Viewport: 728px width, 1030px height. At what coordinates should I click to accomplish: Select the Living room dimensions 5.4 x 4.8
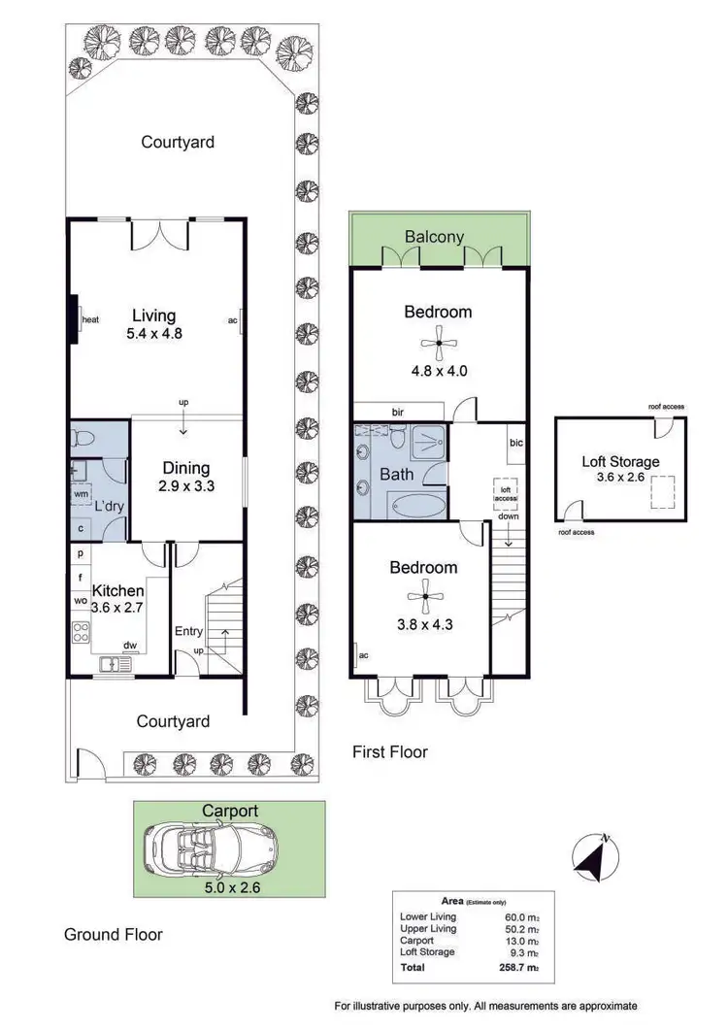point(154,333)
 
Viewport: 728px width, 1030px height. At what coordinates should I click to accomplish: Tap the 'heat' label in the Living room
point(91,319)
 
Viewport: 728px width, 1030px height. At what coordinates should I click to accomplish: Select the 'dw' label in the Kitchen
point(129,645)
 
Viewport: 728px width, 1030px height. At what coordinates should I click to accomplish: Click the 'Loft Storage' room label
point(620,462)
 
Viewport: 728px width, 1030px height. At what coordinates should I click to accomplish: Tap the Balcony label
point(434,236)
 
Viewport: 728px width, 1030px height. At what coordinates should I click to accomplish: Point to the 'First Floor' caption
point(389,751)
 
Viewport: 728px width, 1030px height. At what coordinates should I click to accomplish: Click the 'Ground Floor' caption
point(113,935)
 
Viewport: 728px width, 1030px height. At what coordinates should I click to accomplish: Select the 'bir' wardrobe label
point(398,412)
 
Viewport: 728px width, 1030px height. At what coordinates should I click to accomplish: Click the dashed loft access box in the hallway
point(505,492)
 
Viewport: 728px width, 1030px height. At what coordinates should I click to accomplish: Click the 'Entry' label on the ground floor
point(188,631)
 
